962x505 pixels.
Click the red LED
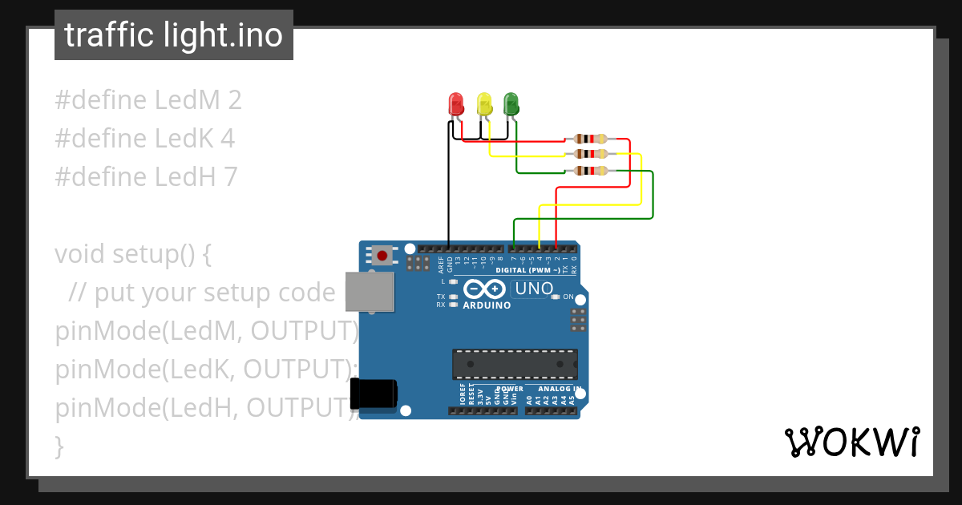click(455, 104)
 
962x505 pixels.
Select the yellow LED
click(483, 104)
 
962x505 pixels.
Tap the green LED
click(511, 104)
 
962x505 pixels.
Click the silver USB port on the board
click(369, 292)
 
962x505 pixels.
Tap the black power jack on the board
click(374, 394)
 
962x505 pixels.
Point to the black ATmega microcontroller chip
click(515, 364)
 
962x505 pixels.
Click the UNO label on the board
click(534, 289)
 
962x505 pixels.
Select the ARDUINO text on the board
click(487, 305)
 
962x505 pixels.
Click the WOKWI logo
click(851, 442)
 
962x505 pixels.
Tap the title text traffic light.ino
click(174, 35)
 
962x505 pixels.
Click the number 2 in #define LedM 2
click(234, 100)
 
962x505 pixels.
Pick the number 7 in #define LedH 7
click(230, 177)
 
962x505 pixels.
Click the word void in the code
click(80, 254)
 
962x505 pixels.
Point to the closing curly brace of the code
click(59, 446)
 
